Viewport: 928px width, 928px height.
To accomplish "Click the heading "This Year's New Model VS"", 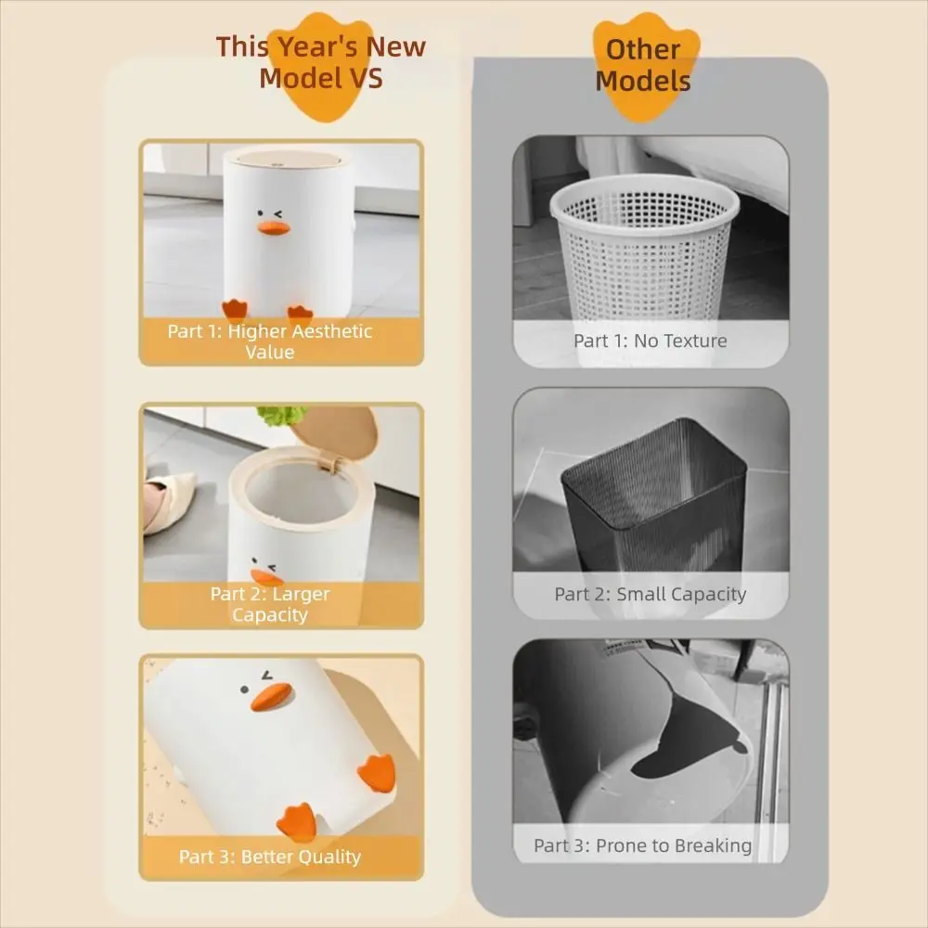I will click(x=320, y=61).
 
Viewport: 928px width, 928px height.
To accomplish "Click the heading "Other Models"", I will click(x=643, y=65).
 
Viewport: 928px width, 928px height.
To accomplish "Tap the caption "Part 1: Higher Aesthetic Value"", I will click(x=270, y=342).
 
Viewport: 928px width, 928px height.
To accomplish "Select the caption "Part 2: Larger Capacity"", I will click(x=270, y=604).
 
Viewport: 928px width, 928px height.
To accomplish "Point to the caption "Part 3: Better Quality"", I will click(x=270, y=857).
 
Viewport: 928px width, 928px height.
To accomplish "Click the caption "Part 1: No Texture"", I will click(x=650, y=341).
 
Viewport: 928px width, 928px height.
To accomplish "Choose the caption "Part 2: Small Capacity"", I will click(x=650, y=594).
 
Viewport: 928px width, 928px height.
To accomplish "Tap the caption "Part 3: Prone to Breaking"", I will click(x=642, y=845).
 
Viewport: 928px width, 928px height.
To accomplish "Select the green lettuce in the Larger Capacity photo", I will click(x=281, y=415).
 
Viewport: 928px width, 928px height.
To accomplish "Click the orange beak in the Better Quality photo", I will click(x=271, y=698).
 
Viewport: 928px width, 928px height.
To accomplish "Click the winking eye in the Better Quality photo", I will click(x=270, y=675).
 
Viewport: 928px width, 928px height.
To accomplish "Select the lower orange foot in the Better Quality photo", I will click(x=299, y=822).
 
